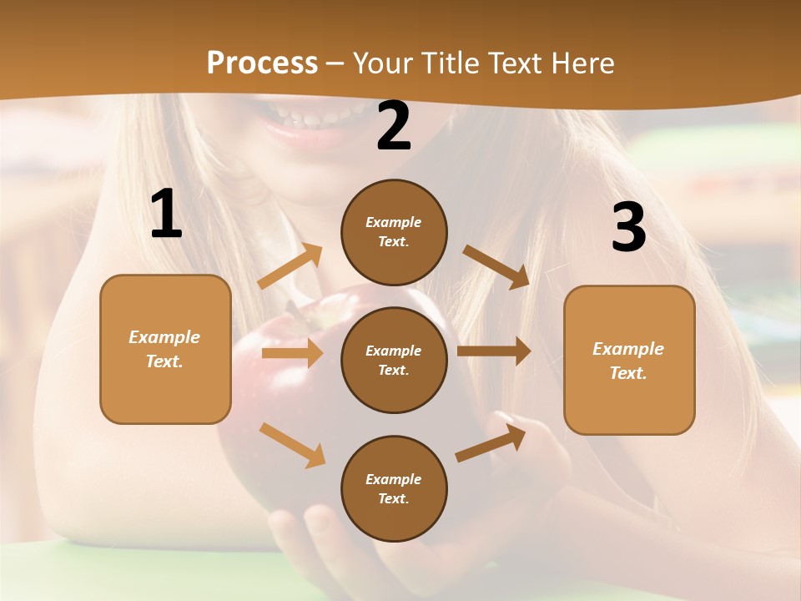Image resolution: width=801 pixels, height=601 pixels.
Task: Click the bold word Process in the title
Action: click(262, 63)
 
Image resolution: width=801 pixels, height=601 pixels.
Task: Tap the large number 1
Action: click(166, 215)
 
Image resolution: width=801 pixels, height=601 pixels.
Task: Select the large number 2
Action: click(394, 127)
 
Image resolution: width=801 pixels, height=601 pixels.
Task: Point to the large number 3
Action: click(629, 227)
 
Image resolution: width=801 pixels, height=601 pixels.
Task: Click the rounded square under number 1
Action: click(165, 349)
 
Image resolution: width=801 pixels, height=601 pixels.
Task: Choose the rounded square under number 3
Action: click(629, 360)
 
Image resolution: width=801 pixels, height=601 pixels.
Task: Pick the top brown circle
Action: click(394, 232)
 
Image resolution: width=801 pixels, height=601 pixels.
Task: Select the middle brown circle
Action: click(394, 360)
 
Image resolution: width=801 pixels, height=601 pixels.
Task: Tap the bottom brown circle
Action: click(394, 488)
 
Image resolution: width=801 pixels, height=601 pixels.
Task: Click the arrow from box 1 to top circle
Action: click(290, 266)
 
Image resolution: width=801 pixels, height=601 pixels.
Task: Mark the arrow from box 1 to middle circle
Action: click(292, 353)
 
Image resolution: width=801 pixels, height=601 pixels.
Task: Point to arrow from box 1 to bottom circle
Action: click(292, 445)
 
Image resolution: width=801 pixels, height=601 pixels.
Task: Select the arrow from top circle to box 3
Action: click(496, 266)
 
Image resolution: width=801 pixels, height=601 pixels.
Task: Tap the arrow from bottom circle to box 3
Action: click(491, 442)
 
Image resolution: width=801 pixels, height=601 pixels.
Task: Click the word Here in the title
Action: click(583, 63)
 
